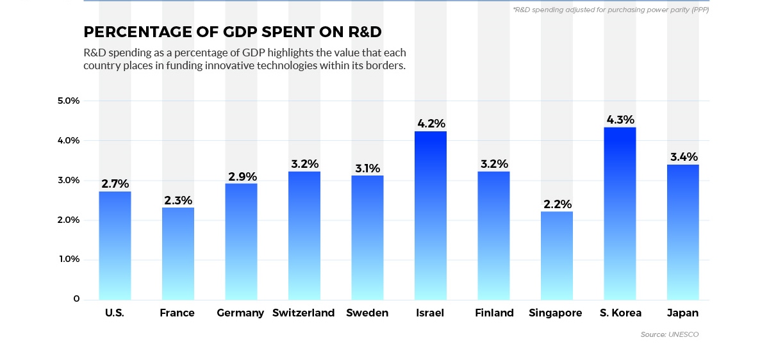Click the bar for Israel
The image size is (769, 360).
pos(431,215)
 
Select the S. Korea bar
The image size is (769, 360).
pos(620,213)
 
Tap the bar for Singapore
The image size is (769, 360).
pos(557,256)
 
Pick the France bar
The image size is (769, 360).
pos(178,254)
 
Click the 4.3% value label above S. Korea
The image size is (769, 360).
pos(620,120)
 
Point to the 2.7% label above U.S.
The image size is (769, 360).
pos(115,184)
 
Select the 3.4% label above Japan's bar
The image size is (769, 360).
pos(683,157)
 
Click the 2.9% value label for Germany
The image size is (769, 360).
pos(242,176)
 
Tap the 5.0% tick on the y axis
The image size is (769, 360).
pos(68,101)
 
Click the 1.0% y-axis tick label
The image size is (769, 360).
pos(68,259)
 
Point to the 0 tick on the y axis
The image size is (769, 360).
pos(76,299)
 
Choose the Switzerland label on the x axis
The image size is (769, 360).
pos(304,313)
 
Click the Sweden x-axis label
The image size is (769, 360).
pos(367,313)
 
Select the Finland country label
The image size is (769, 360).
pos(494,313)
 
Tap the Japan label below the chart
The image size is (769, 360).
pos(682,313)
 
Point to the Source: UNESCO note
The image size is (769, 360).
pos(670,334)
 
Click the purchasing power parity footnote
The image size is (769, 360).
pos(610,10)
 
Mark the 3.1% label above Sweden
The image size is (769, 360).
pos(367,168)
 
